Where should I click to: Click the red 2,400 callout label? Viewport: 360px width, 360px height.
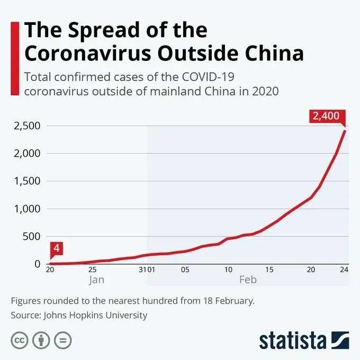point(326,116)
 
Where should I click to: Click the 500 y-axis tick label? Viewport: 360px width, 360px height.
point(31,236)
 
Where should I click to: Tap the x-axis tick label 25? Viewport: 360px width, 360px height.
point(92,269)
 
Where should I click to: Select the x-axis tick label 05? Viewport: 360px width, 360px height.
point(184,269)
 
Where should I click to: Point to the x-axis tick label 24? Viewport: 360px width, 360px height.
point(344,269)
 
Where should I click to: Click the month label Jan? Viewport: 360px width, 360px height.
point(96,280)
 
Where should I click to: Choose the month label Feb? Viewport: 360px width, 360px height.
point(248,280)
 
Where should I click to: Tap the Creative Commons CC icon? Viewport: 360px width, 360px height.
point(19,339)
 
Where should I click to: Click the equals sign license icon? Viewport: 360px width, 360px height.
point(62,339)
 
